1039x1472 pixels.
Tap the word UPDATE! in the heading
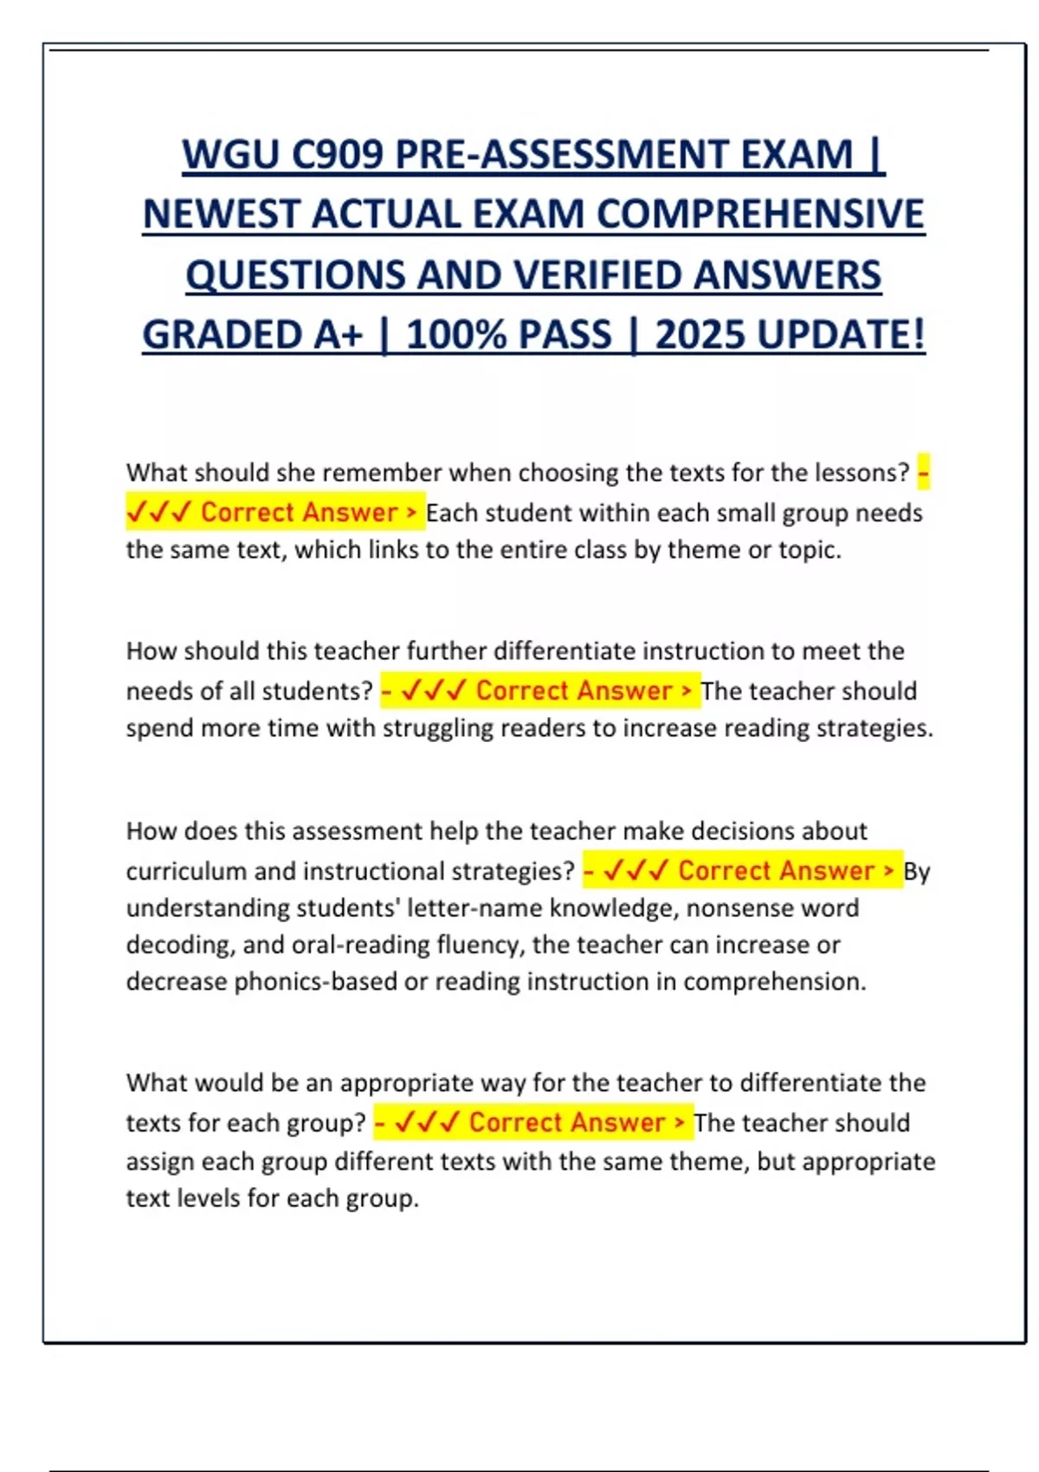pos(841,335)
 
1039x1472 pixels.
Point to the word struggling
pos(441,728)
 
